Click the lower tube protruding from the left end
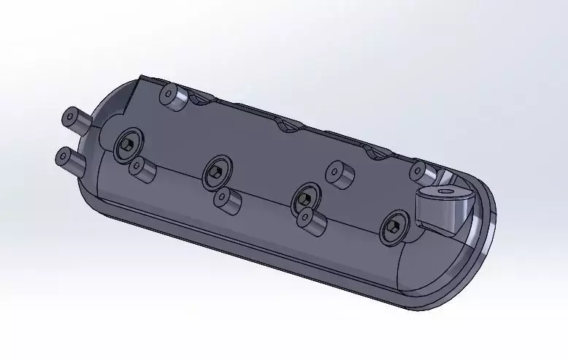(71, 158)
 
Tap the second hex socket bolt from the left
(216, 172)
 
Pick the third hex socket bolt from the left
(304, 197)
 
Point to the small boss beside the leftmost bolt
(143, 169)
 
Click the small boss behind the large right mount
(420, 172)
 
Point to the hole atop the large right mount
(444, 191)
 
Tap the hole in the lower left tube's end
(63, 156)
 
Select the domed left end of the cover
(102, 175)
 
